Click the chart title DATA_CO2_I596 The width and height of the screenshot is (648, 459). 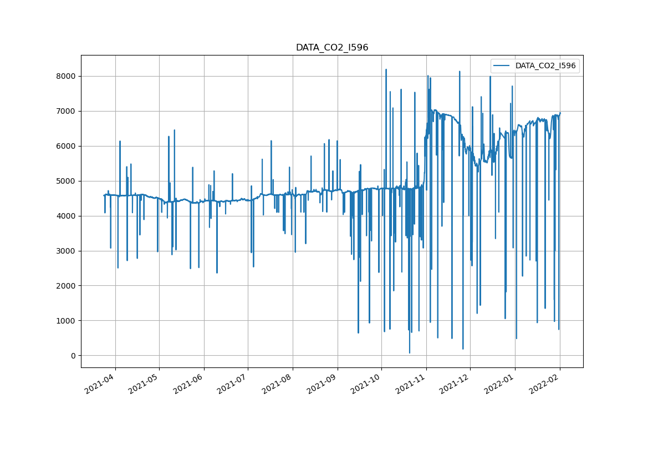point(331,48)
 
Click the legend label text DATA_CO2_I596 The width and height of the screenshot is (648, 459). point(545,65)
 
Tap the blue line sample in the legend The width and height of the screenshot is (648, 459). point(502,65)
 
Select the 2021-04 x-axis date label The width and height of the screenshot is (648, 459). point(100,384)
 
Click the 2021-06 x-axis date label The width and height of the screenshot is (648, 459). point(189,384)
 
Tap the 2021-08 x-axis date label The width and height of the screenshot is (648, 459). point(278,384)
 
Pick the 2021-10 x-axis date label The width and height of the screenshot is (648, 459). point(366,384)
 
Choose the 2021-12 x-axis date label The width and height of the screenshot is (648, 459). point(455,384)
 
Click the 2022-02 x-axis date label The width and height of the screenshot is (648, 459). point(544,384)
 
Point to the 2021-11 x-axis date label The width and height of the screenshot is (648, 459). point(411,384)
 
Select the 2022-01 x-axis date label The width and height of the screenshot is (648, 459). point(500,384)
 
